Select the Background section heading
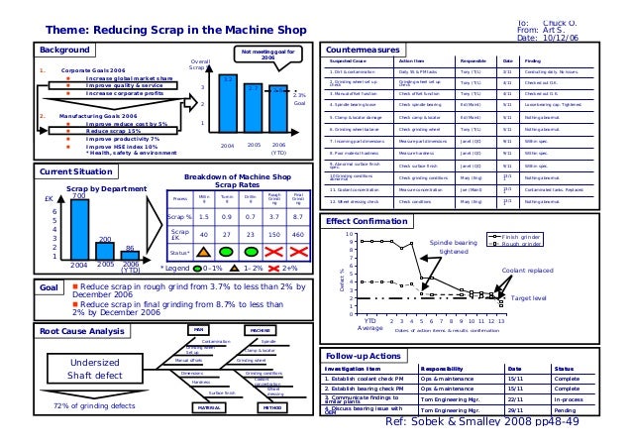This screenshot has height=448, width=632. pyautogui.click(x=62, y=49)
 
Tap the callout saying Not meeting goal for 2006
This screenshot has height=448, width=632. pyautogui.click(x=266, y=56)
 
